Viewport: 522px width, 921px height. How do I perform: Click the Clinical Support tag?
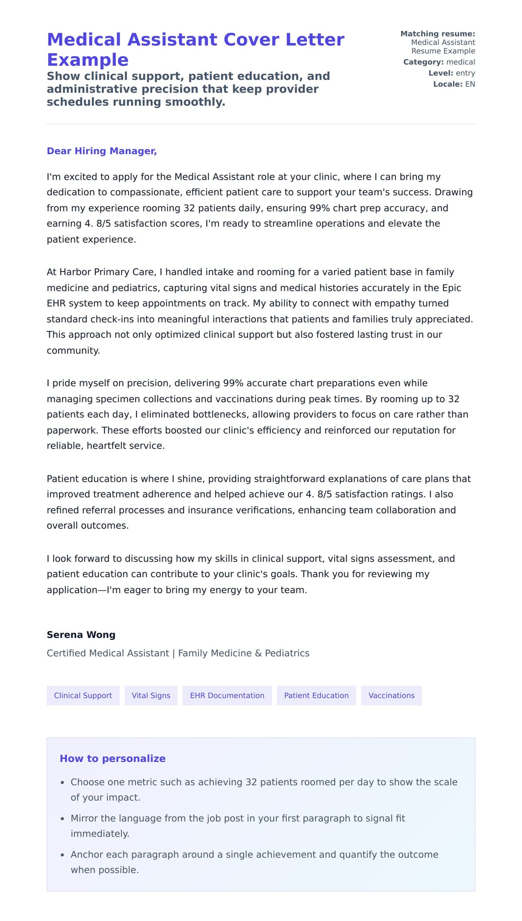[x=83, y=695]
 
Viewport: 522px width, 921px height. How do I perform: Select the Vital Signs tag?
[x=151, y=695]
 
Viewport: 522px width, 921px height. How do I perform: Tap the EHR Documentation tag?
[x=227, y=695]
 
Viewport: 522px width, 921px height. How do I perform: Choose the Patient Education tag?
[x=316, y=695]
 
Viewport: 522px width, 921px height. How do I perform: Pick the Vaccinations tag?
[x=391, y=695]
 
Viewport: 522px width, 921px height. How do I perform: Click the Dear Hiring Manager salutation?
[x=101, y=151]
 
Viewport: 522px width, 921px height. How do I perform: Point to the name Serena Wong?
[x=81, y=634]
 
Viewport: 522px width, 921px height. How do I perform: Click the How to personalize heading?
[x=112, y=758]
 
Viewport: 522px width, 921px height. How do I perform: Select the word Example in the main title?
[x=87, y=60]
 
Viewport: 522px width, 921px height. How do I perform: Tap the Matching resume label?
[x=437, y=34]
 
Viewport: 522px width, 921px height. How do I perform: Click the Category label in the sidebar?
[x=423, y=62]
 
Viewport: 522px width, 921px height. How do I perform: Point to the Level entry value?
[x=465, y=73]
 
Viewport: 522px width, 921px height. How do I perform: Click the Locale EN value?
[x=470, y=84]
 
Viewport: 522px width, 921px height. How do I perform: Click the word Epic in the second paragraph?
[x=451, y=288]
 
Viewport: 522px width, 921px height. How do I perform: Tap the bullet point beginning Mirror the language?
[x=238, y=818]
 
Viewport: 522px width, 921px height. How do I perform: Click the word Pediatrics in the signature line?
[x=287, y=653]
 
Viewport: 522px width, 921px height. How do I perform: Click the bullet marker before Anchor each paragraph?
[x=62, y=855]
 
